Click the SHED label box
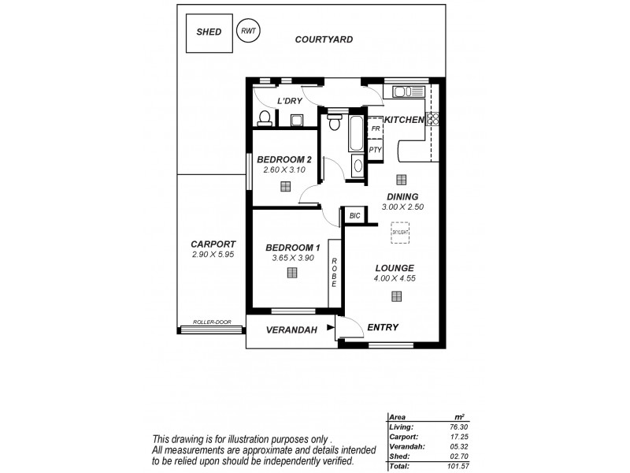(x=209, y=32)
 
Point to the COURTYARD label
(x=324, y=39)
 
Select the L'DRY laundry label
(x=290, y=102)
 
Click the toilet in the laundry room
(x=265, y=118)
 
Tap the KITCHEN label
(x=404, y=119)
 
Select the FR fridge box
(x=376, y=128)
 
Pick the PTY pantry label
(x=376, y=149)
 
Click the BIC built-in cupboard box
(x=354, y=214)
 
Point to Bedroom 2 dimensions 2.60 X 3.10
(x=284, y=170)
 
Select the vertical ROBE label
(x=334, y=274)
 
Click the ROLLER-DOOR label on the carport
(x=212, y=322)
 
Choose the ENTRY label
(x=383, y=327)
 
